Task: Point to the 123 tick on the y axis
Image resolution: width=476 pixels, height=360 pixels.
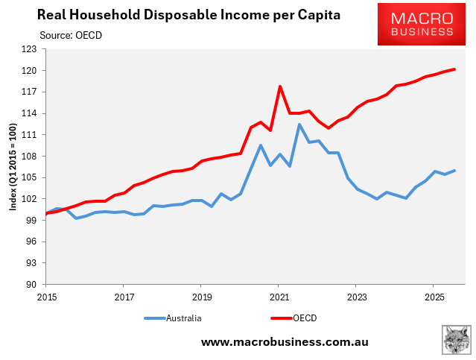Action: coord(32,49)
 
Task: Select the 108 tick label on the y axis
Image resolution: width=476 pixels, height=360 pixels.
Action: coord(32,157)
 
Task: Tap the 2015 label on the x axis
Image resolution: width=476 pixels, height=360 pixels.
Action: coord(46,296)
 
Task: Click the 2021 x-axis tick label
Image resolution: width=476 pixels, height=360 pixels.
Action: coord(278,296)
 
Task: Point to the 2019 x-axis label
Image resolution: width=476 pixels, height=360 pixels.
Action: coord(201,296)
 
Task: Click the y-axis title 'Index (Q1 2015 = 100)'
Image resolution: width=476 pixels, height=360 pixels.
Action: coord(13,167)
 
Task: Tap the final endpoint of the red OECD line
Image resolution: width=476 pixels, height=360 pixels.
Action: coord(454,69)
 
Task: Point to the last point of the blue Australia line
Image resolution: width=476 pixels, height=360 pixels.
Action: coord(454,171)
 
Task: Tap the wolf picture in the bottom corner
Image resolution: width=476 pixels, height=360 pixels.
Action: coord(454,340)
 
